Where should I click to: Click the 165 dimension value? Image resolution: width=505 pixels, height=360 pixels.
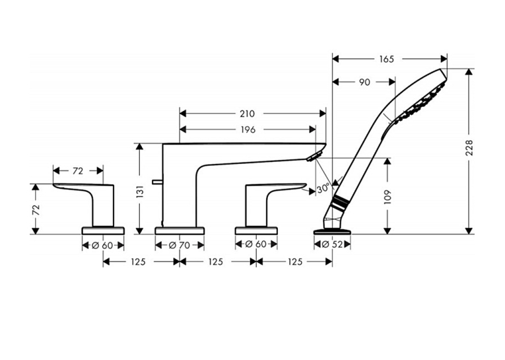pos(386,59)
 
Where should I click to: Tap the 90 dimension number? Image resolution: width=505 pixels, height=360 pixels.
pos(364,82)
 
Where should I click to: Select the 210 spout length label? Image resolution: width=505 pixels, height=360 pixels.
pos(247,114)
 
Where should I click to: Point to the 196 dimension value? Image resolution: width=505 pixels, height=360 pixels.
pos(248,129)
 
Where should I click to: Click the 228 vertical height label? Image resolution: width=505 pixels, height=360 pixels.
pos(469,147)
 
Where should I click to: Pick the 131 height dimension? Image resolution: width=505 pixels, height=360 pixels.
pos(140,192)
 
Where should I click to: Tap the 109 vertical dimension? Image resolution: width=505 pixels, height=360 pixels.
pos(387,197)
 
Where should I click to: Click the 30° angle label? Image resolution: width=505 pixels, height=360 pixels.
pos(323,188)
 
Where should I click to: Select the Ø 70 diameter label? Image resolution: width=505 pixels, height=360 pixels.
pos(180,246)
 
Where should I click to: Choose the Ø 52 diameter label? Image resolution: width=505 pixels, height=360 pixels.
pos(332,244)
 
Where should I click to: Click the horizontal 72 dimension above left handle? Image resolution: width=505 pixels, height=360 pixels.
pos(78,171)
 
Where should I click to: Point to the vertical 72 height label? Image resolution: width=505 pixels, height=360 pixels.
pos(36,210)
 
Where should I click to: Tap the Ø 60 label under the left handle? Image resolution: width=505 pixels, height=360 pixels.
pos(102,246)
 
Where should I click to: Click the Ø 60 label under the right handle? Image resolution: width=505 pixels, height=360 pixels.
pos(256,244)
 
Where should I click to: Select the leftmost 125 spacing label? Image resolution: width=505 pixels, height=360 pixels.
pos(138,262)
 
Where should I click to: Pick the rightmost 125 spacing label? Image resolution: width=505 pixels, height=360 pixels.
pos(294,262)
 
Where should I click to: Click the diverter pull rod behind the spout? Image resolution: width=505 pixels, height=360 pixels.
pos(158,182)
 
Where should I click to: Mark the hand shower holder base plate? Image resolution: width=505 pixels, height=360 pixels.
pos(332,231)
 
